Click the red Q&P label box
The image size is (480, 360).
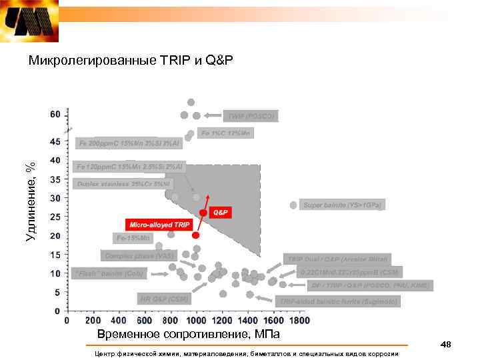(x=220, y=212)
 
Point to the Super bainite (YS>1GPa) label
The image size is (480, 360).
(x=345, y=205)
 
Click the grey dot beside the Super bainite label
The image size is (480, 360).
(x=293, y=205)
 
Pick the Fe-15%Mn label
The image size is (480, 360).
(x=134, y=237)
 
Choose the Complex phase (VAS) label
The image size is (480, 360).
(x=139, y=255)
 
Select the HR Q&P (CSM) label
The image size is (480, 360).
(x=164, y=298)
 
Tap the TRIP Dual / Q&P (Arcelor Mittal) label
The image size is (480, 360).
(x=337, y=259)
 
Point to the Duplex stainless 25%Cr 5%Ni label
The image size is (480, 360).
(x=124, y=182)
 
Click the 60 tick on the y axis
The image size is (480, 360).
(x=55, y=114)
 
